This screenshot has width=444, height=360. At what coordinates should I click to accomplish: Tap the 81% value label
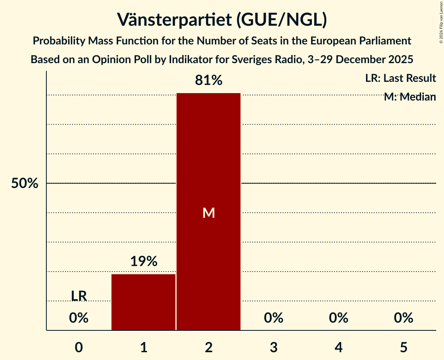tap(209, 81)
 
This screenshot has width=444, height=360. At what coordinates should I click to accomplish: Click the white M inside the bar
tap(209, 213)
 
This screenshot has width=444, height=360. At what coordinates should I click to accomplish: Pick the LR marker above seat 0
tap(79, 296)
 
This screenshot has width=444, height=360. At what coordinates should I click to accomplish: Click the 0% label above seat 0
tap(79, 318)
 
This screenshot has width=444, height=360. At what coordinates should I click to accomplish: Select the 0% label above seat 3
tap(274, 318)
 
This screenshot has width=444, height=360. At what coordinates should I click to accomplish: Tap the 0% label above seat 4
tap(338, 318)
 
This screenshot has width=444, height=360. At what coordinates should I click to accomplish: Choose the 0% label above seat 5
tap(403, 318)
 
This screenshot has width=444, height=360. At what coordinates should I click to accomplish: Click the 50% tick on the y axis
tap(25, 184)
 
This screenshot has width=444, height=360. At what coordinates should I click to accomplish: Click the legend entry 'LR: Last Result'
tap(400, 78)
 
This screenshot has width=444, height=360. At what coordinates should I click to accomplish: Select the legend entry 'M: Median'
tap(410, 97)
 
